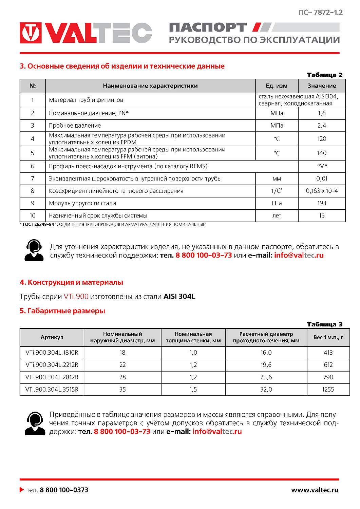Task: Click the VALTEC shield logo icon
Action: pos(31,33)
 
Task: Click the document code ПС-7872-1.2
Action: pos(320,13)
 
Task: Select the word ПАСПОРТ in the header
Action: pos(208,27)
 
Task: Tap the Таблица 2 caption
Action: pos(324,75)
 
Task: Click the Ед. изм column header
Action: pos(277,86)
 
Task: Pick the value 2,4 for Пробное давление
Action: pos(322,126)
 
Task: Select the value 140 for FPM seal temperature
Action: pos(322,153)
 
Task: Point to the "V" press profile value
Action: pos(322,166)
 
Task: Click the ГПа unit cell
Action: pos(277,203)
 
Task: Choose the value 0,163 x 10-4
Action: pos(322,191)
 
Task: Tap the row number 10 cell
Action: pos(33,215)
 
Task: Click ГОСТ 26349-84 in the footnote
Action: pos(38,225)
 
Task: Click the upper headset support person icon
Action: pos(34,250)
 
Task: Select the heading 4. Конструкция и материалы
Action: pos(71,282)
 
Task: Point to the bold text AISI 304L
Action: pos(179,297)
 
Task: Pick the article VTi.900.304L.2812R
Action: pos(52,377)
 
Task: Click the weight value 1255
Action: pos(328,390)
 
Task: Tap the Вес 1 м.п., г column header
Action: pos(328,337)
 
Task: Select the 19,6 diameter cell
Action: pos(266,365)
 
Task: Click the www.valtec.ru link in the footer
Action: pos(315,490)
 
